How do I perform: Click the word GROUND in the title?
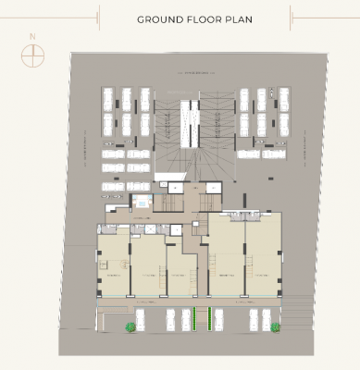157,18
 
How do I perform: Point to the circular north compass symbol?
32,55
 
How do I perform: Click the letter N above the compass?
32,37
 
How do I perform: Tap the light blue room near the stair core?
143,200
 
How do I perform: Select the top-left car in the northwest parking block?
107,97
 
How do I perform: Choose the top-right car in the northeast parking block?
279,97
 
